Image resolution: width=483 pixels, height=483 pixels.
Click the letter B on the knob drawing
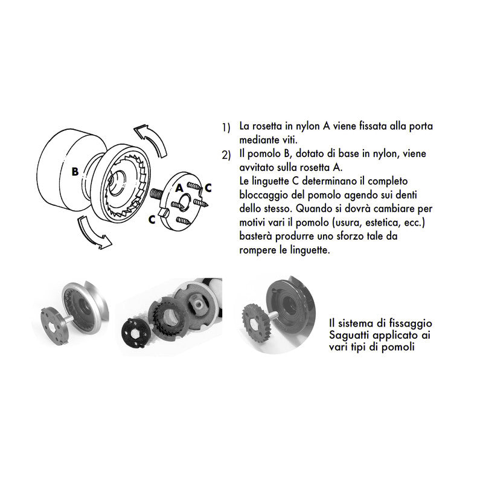tap(74, 171)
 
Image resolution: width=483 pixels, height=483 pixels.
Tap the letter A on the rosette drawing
tap(179, 188)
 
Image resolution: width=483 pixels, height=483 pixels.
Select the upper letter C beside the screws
tap(208, 187)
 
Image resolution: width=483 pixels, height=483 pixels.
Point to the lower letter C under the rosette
tap(152, 220)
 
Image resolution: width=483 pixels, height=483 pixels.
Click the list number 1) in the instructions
tap(226, 128)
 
